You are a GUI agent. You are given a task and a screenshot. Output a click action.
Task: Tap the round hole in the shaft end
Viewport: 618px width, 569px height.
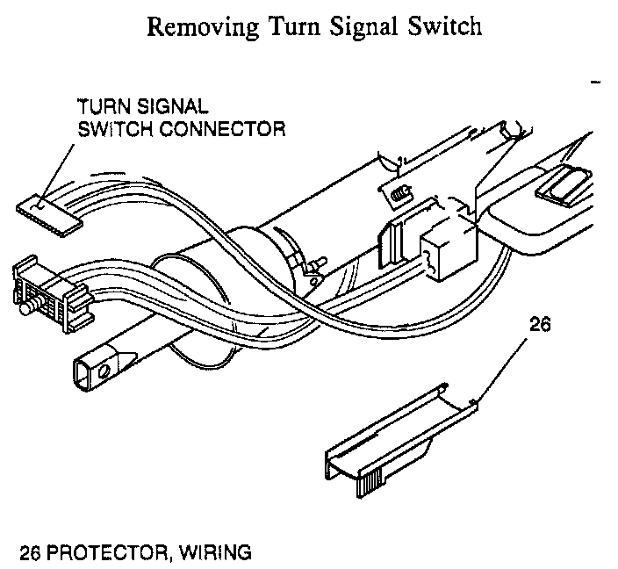point(104,371)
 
